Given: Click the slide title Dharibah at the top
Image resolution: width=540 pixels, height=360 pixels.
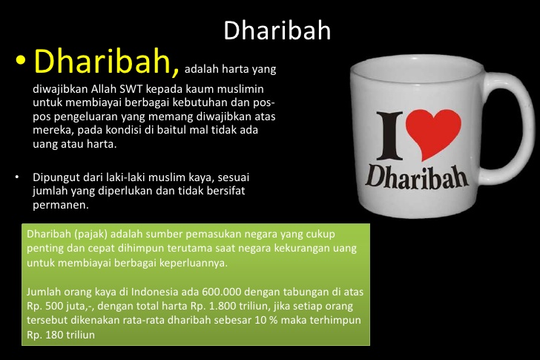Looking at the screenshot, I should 277,30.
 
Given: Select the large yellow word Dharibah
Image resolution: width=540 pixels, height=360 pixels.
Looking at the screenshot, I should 107,64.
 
